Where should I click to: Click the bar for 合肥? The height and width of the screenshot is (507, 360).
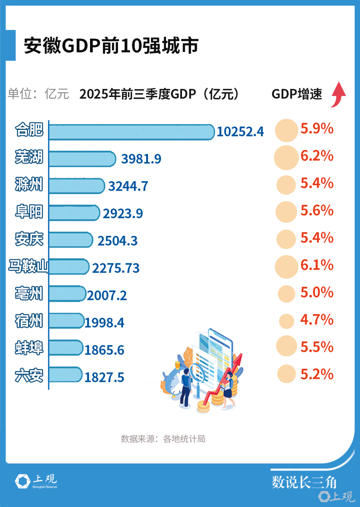coord(131,132)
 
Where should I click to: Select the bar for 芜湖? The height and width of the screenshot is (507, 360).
coord(82,159)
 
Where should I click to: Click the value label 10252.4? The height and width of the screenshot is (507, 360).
coord(240,132)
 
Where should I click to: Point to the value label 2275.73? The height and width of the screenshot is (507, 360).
coord(116,267)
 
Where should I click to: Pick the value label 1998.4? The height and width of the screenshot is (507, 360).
coord(104,322)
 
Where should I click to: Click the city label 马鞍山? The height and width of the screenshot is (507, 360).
coord(28,266)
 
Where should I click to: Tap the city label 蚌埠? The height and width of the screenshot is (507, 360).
coord(29,348)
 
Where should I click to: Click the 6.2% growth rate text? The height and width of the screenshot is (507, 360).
coord(317,156)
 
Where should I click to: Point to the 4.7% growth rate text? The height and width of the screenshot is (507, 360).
coord(317,320)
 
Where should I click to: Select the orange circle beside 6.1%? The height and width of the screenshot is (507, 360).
coord(287,266)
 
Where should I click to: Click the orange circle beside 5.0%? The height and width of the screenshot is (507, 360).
coord(287,294)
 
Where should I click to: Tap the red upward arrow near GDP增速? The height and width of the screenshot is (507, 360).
coord(338,94)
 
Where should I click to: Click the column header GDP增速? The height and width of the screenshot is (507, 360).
coord(297,94)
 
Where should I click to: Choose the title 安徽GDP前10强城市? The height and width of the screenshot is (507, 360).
coord(111,46)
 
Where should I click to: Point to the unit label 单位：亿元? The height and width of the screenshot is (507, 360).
coord(38,94)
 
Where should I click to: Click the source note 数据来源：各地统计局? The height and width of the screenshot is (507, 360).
coord(163,439)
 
